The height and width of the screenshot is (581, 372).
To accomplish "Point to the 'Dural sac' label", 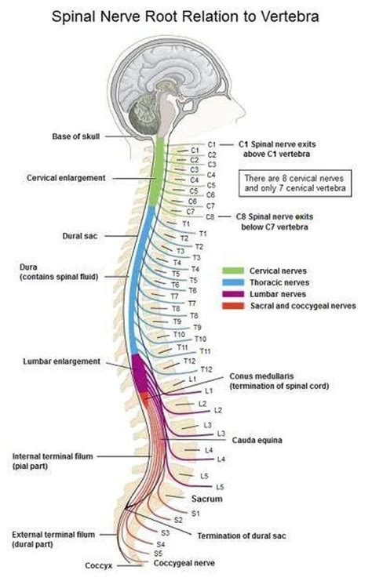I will point(81,235).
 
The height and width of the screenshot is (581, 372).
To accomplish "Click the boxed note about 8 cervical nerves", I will point(296,183).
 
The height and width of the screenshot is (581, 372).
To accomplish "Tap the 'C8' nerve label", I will point(210,216).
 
